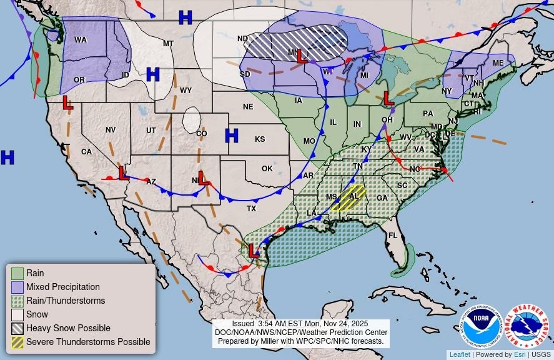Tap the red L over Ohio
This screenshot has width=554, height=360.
pos(388,97)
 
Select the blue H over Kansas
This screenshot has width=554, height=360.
pos(232,135)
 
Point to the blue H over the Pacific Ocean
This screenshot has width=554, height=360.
pos(7,157)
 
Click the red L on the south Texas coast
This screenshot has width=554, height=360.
pos(254,251)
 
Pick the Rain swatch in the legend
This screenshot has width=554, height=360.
pos(17,273)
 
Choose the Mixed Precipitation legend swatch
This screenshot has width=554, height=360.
pos(17,287)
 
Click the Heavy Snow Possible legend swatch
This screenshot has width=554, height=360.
pos(17,328)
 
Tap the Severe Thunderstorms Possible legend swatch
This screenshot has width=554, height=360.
pos(17,342)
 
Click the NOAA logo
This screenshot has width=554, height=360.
pos(483,326)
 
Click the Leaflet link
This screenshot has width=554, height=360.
pos(460,354)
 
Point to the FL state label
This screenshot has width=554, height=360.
pos(393,236)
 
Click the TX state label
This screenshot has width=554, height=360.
pos(251,208)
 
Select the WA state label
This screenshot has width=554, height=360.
pos(81,40)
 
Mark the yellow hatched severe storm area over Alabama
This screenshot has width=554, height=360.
pos(348,197)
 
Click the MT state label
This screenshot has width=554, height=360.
pos(168,43)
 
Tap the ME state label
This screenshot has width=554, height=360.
pos(498,63)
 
